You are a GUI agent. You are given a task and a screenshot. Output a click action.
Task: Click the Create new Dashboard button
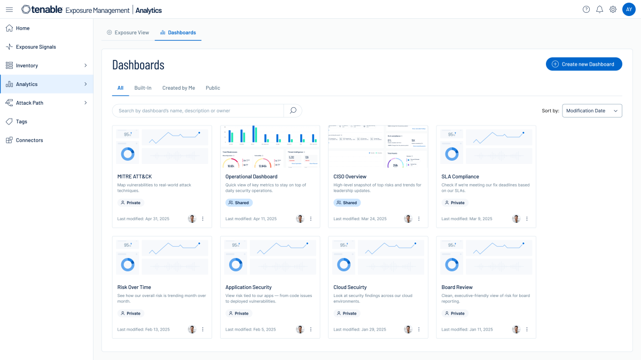(583, 64)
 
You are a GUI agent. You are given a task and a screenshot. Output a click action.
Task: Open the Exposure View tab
(128, 33)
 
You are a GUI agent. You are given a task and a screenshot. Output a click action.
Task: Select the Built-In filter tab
(143, 88)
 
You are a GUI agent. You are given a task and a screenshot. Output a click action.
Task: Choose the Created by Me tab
(178, 88)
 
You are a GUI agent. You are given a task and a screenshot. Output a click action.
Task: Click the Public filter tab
(213, 88)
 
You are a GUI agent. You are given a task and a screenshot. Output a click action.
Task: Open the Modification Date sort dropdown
(592, 111)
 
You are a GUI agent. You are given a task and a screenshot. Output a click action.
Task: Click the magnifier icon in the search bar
(293, 111)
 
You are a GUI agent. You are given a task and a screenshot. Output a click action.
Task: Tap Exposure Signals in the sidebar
(36, 47)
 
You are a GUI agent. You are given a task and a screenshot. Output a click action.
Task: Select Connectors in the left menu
(29, 140)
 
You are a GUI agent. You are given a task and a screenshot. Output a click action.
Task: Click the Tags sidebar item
(21, 121)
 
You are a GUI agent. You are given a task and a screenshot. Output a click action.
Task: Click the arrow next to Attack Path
(85, 103)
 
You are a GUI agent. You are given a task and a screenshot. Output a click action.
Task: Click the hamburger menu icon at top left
(9, 10)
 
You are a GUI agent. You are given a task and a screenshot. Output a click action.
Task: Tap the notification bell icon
(599, 10)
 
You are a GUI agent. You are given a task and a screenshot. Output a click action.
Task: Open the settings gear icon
(613, 10)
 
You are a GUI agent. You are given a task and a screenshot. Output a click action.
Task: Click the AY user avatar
(629, 10)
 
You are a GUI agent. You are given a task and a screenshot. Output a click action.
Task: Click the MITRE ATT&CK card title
(135, 176)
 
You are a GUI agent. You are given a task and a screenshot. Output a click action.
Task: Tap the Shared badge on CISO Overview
(347, 203)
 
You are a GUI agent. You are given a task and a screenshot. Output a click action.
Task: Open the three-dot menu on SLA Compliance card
(527, 219)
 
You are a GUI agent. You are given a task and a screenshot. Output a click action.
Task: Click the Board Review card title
(457, 287)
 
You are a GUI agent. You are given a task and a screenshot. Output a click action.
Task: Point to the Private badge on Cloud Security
(347, 314)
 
